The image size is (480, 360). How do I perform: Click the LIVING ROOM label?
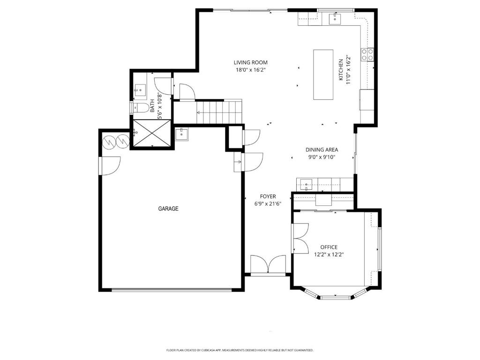[251, 62]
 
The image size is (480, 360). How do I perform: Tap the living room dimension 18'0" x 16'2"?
[251, 70]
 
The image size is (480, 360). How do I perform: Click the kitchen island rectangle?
[323, 75]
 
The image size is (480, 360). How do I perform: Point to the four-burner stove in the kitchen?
[367, 55]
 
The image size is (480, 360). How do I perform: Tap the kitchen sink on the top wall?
[336, 19]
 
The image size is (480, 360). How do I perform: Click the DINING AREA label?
[322, 150]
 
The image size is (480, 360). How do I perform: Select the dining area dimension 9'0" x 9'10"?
[322, 157]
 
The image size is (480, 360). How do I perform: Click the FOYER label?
[268, 196]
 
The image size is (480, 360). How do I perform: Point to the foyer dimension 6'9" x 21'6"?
[268, 204]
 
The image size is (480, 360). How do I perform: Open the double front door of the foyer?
[268, 265]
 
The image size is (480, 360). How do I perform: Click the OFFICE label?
[329, 247]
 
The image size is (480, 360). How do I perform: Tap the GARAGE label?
[168, 209]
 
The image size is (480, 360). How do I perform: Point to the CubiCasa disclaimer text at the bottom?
[240, 350]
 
